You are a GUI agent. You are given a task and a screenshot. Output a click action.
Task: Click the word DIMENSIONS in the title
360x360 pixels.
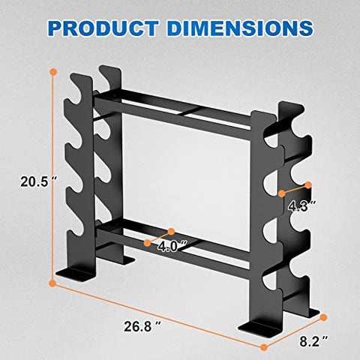pos(240,28)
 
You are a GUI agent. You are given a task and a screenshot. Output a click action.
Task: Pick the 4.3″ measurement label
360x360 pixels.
pos(298,202)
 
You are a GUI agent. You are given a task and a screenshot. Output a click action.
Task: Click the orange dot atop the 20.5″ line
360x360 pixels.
pos(53,73)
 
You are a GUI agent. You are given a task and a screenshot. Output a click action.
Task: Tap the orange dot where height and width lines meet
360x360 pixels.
pos(52,283)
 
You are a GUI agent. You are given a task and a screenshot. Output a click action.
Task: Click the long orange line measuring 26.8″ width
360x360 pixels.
pos(157,315)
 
